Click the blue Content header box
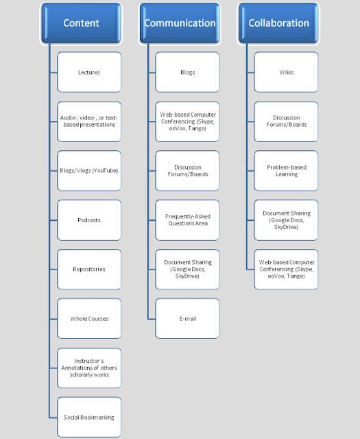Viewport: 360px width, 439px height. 81,23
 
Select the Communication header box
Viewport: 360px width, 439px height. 180,23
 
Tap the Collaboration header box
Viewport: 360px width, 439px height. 278,23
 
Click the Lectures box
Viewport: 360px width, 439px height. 89,72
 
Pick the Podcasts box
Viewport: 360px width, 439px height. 89,220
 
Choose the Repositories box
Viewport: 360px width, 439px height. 89,270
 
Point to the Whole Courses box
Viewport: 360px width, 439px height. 89,318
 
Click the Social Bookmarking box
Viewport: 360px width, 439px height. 89,417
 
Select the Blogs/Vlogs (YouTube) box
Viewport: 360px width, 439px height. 89,171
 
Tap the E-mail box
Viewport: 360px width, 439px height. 188,318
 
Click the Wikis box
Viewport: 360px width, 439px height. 286,72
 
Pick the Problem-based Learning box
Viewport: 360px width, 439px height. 286,171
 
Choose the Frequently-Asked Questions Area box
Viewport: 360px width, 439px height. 188,220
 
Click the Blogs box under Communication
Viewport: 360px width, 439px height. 188,72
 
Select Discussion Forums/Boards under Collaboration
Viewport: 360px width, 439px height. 286,121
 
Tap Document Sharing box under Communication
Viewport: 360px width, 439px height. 188,270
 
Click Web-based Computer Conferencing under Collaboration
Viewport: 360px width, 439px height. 286,270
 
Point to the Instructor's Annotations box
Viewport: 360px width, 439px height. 89,368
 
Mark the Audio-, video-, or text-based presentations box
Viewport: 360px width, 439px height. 89,121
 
